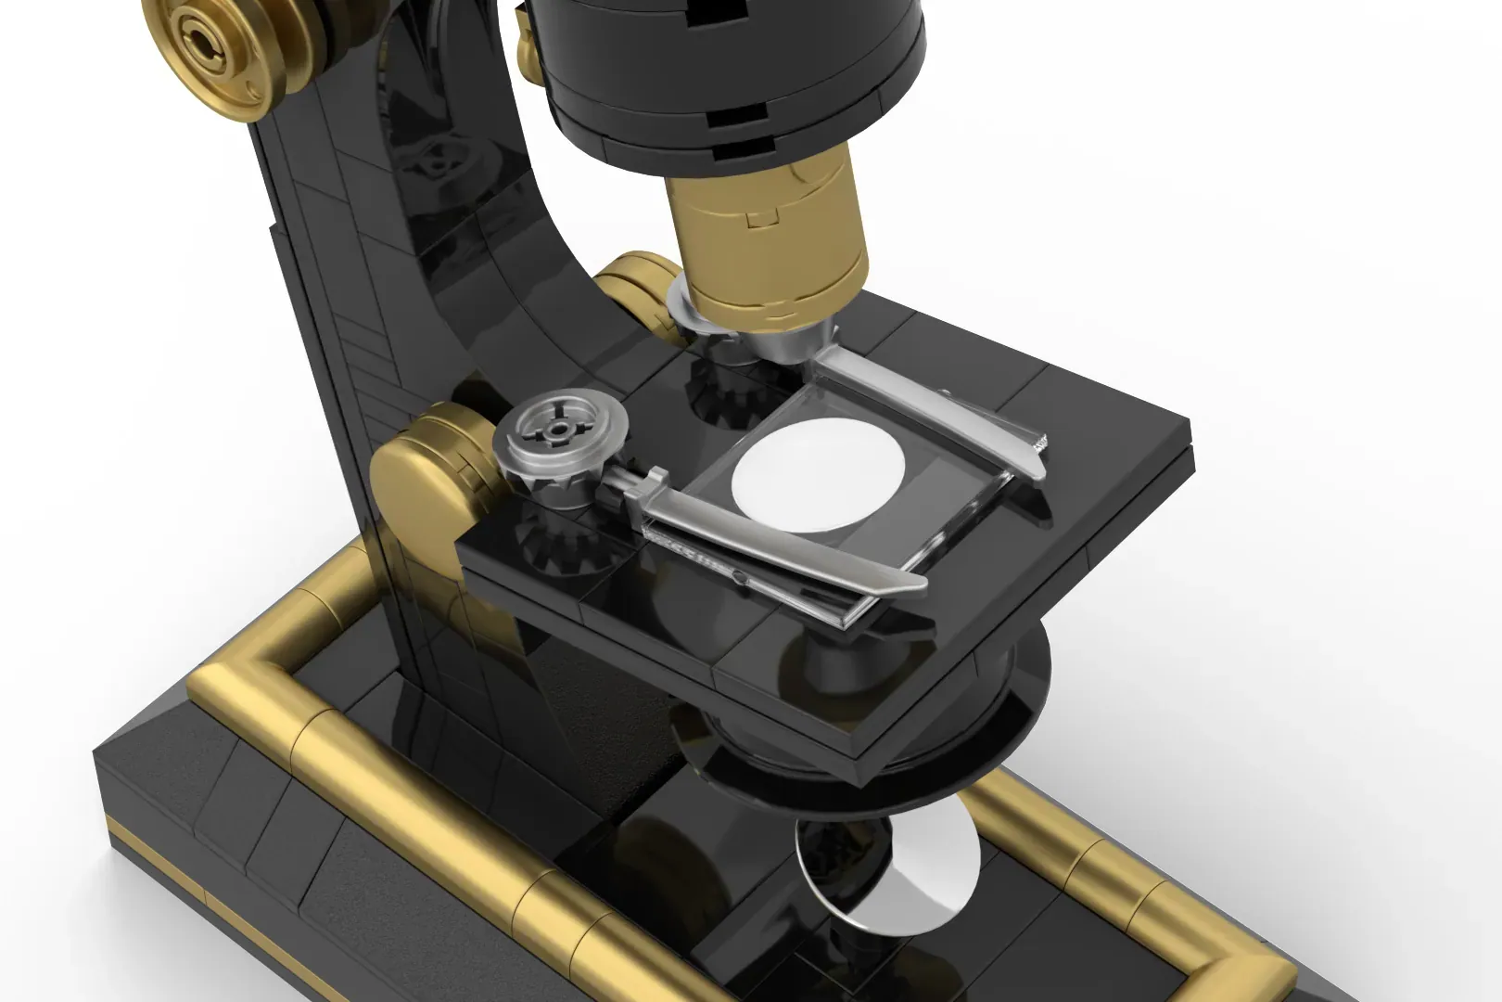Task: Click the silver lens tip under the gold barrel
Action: click(788, 343)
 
